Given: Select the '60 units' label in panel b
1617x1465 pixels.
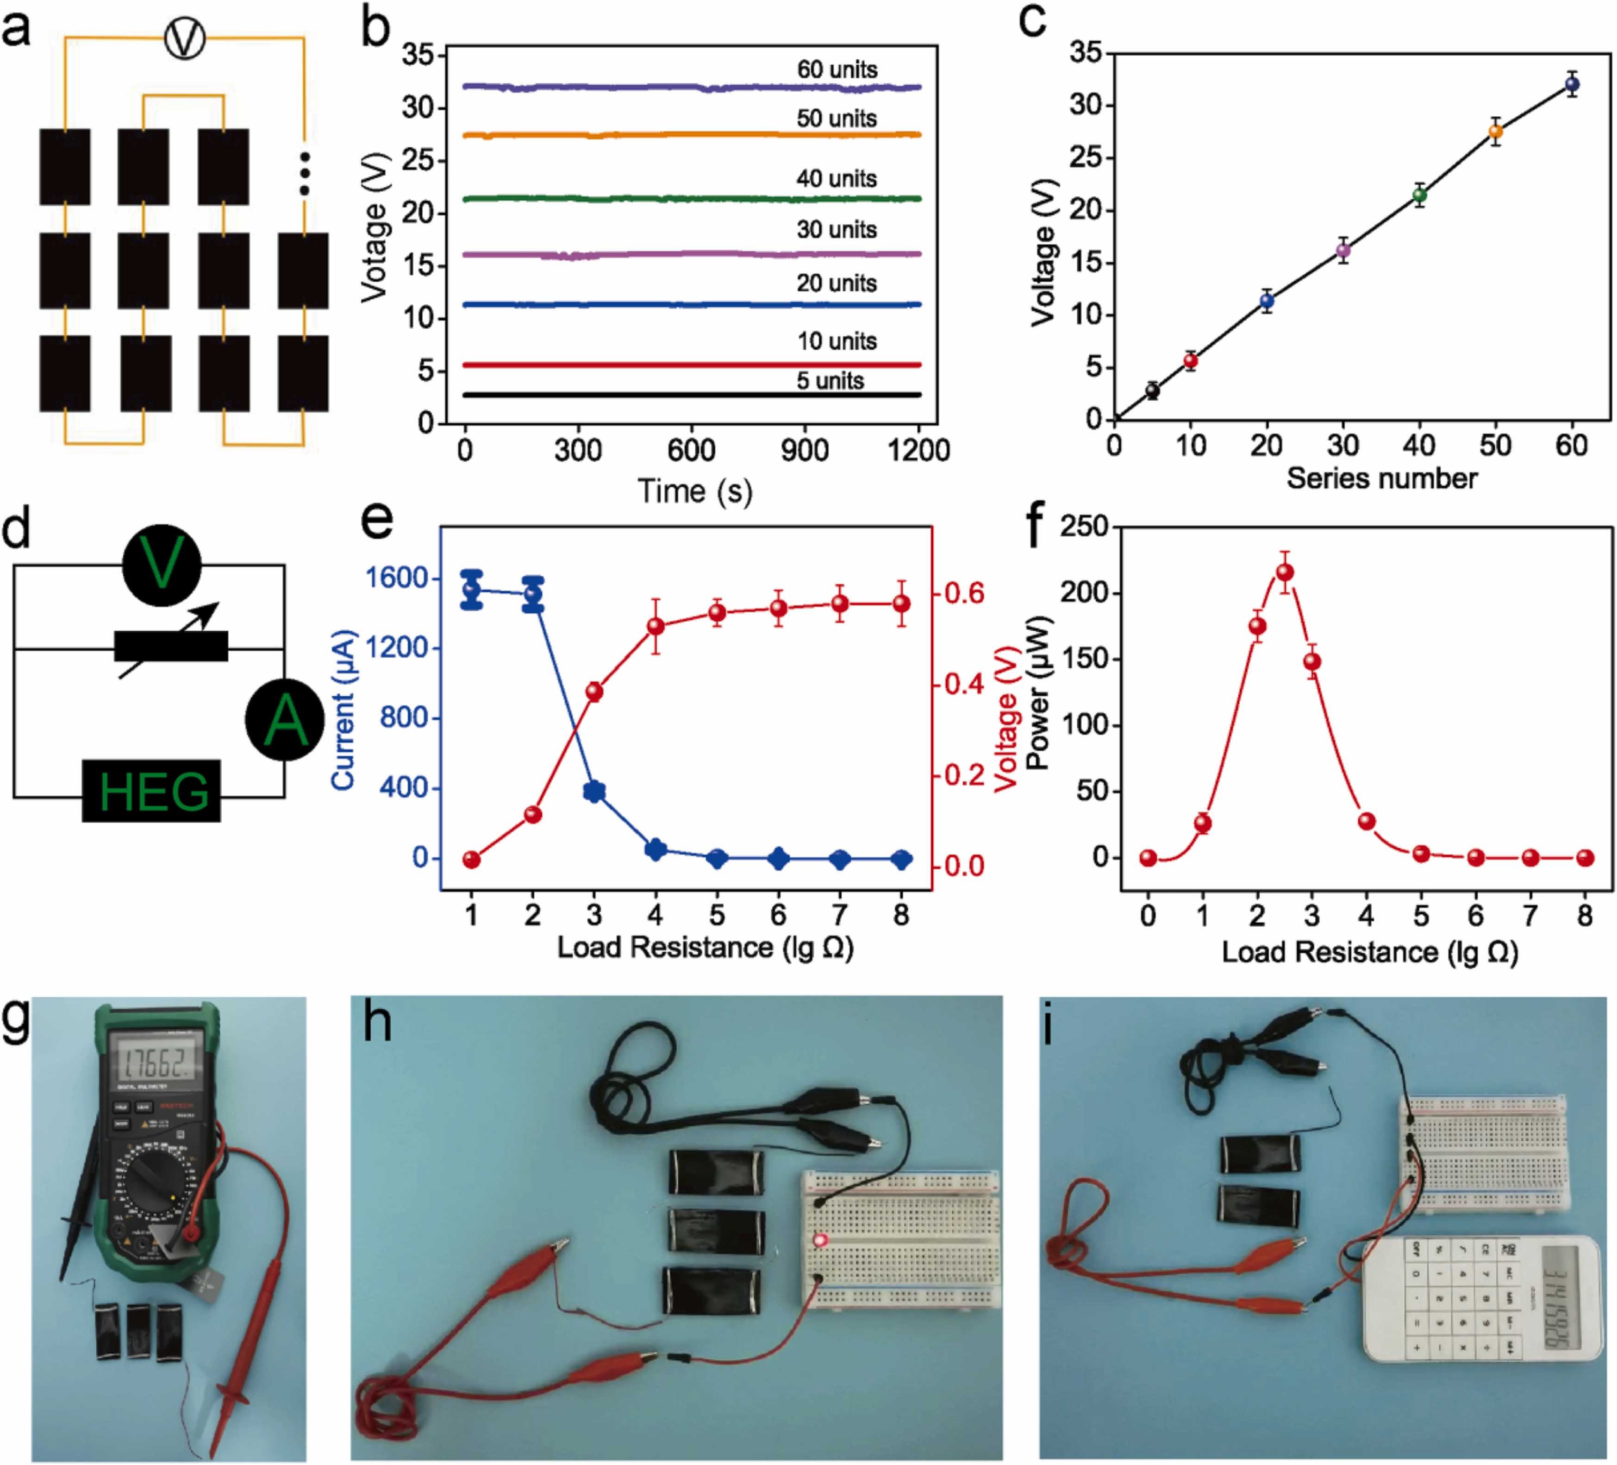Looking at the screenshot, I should (837, 70).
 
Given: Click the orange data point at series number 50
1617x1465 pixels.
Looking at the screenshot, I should (1495, 132).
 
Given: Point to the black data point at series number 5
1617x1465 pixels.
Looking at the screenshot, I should (1153, 391).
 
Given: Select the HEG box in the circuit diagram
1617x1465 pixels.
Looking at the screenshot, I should (151, 791).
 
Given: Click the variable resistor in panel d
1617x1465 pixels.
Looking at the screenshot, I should (171, 646).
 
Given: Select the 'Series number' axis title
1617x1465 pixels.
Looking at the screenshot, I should (1381, 479).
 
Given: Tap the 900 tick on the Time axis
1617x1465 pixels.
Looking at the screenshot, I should (805, 450).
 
